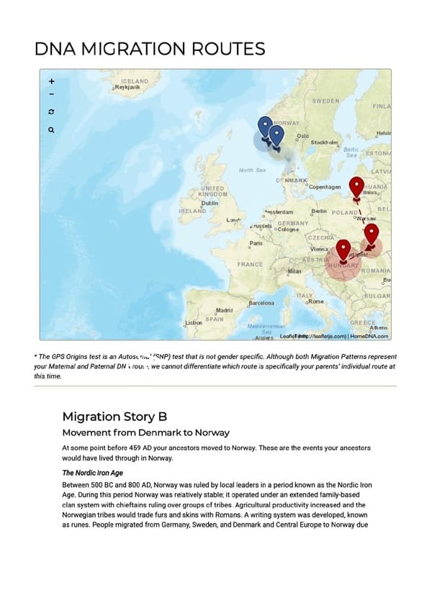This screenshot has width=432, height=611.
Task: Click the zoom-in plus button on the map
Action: (51, 81)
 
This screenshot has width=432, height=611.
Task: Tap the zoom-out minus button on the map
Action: (51, 94)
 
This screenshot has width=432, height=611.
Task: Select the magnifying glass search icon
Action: (51, 130)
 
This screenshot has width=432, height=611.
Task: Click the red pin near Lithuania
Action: (356, 187)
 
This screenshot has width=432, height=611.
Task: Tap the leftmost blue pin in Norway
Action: (265, 127)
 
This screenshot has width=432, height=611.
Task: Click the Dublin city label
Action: (210, 204)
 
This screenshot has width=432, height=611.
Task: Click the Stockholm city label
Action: (325, 142)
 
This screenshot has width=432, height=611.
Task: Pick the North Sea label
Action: (252, 170)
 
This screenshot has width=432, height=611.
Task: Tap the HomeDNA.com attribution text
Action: (369, 335)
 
